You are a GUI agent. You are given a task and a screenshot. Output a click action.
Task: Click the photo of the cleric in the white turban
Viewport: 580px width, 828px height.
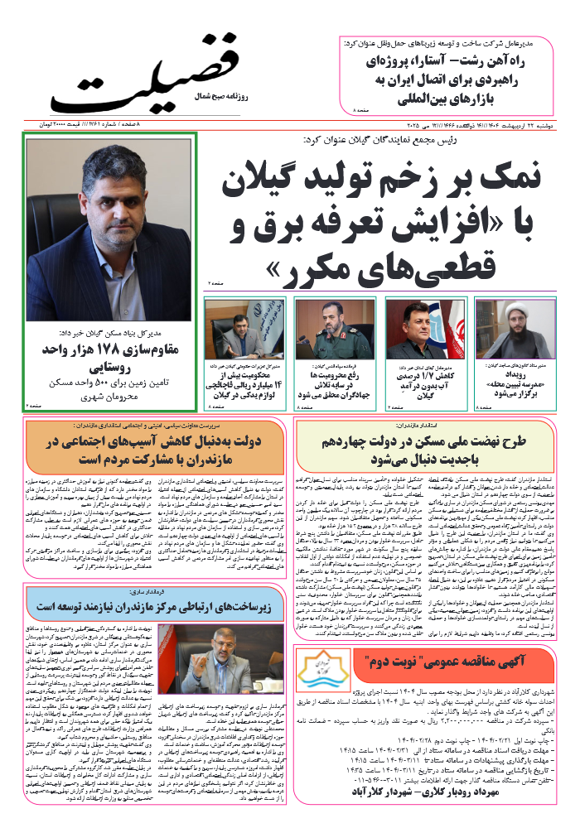click(x=521, y=330)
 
